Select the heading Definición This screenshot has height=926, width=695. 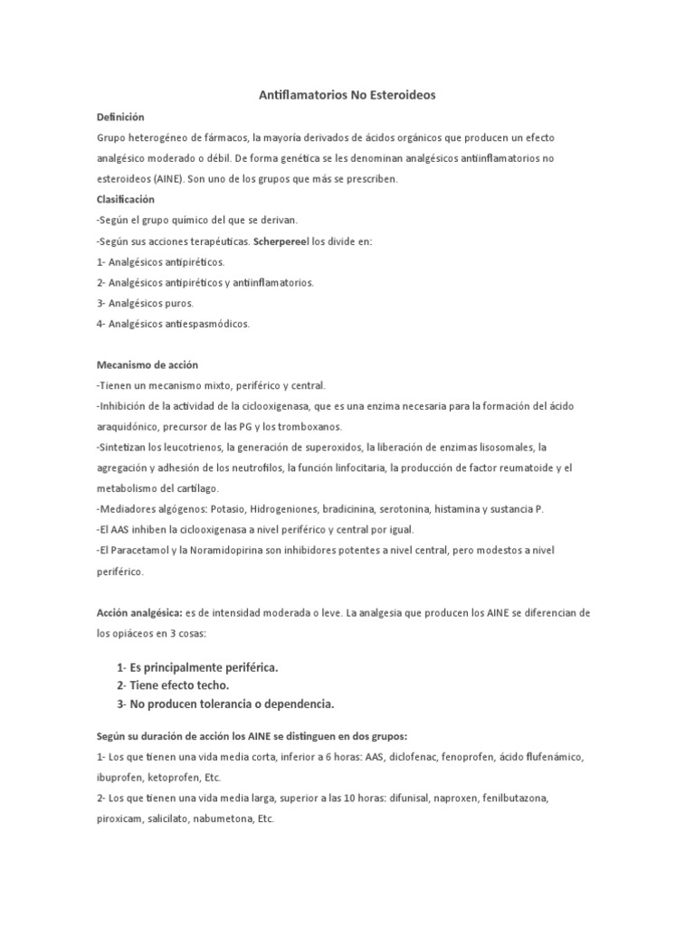pyautogui.click(x=120, y=118)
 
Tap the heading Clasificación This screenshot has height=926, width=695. pyautogui.click(x=126, y=199)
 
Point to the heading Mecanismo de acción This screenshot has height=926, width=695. pyautogui.click(x=140, y=365)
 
